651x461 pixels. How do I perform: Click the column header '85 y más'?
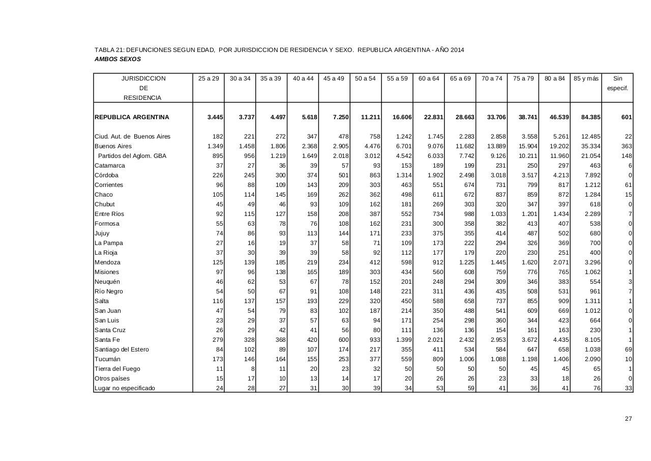[586, 78]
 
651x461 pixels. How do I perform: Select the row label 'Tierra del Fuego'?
[117, 369]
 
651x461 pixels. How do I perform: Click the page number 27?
[628, 419]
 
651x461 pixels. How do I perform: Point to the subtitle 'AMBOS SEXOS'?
[117, 59]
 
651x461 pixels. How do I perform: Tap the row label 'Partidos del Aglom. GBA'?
[132, 156]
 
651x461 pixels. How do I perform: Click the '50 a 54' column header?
[365, 78]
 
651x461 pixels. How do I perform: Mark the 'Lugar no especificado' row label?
[125, 388]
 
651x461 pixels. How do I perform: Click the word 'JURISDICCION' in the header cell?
[143, 78]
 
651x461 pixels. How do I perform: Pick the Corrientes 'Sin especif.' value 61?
[628, 185]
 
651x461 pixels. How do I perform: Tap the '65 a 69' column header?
[460, 78]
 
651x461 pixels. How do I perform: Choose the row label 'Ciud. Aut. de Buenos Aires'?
[132, 137]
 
